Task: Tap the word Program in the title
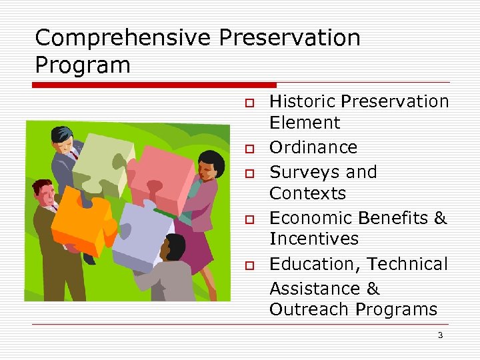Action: point(83,65)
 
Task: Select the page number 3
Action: point(440,335)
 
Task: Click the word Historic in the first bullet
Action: point(302,101)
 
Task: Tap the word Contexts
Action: point(308,193)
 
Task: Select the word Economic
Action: point(311,218)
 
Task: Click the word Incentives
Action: point(314,239)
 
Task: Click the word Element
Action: point(305,123)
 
